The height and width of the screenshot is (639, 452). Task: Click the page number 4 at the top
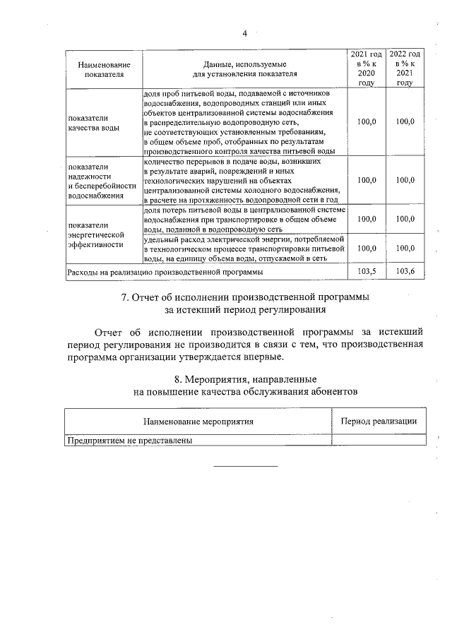tap(244, 33)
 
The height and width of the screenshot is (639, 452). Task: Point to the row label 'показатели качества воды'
tap(94, 123)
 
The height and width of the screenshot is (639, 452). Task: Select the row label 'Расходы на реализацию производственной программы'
tap(165, 271)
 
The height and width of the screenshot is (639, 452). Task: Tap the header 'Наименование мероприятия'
tap(198, 422)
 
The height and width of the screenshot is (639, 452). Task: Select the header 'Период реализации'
tap(379, 422)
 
